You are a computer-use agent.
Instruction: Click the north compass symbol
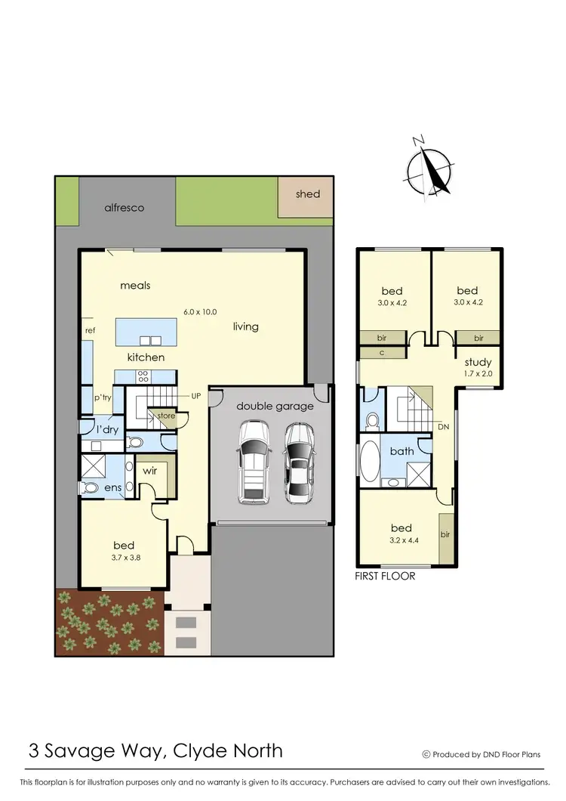click(x=429, y=166)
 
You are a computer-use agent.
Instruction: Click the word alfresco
click(x=124, y=207)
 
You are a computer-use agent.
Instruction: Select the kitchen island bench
click(x=146, y=332)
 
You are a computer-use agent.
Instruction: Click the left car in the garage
click(x=254, y=462)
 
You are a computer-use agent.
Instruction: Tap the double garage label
click(x=275, y=406)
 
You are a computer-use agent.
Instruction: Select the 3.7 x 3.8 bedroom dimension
click(x=124, y=558)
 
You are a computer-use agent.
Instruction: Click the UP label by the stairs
click(x=195, y=395)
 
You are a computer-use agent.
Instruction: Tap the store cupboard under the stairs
click(x=165, y=416)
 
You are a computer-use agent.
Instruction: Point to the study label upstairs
click(x=478, y=362)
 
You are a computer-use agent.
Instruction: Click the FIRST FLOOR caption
click(x=385, y=576)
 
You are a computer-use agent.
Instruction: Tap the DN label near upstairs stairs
click(x=444, y=427)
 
